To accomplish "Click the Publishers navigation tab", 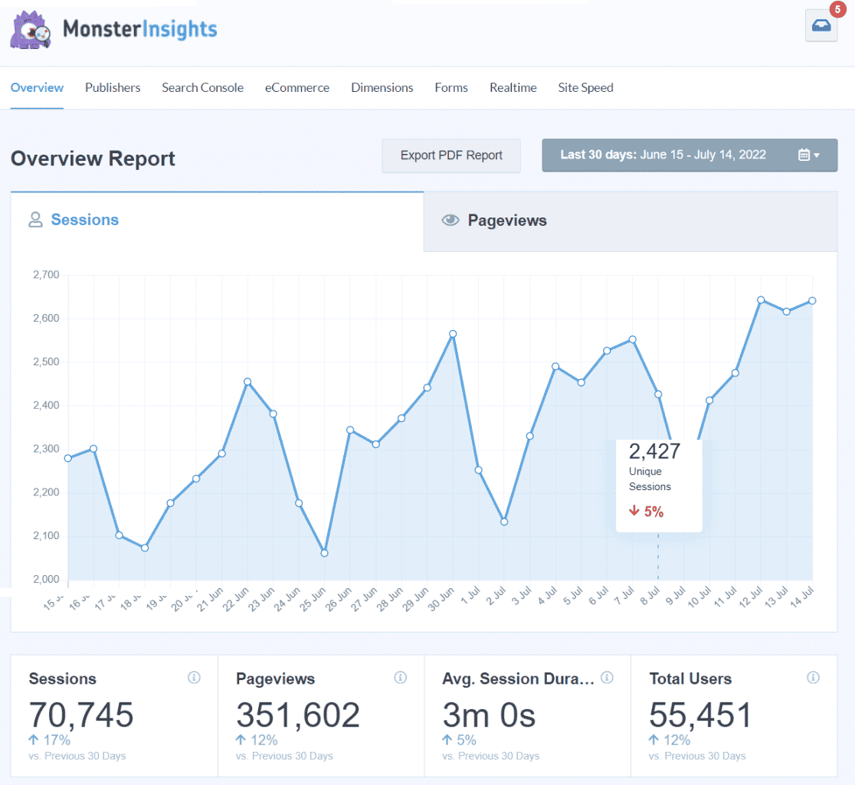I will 113,87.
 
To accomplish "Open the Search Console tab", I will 202,87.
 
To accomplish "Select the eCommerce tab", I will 297,87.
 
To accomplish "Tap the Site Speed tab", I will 585,87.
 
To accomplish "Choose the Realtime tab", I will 513,87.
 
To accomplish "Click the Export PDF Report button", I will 451,155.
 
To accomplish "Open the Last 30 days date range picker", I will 690,155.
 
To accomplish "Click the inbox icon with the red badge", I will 821,27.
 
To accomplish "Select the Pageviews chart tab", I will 506,221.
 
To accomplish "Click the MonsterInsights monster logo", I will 31,30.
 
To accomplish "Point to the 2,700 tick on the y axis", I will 46,274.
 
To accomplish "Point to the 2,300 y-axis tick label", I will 46,449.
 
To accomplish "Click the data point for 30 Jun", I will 453,334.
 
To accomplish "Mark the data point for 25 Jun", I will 324,553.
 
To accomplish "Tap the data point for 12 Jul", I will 761,299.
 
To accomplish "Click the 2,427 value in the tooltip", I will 654,450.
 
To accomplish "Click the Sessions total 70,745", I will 81,715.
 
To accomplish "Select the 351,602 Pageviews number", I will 297,715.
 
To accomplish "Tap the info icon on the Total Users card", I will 813,678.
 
